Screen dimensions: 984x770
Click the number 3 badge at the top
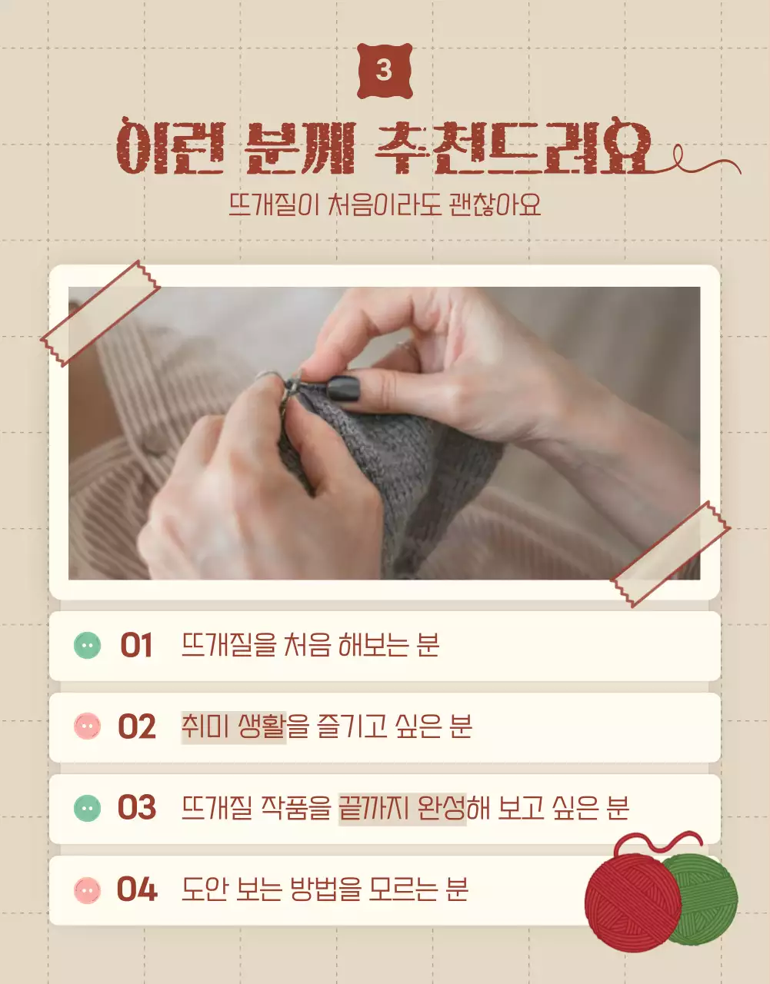coord(385,71)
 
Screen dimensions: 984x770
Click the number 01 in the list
coord(136,646)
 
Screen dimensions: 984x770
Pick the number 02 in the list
coord(136,727)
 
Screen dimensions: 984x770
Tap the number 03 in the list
coord(136,808)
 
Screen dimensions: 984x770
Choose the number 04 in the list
coord(136,890)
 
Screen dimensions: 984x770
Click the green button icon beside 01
coord(87,646)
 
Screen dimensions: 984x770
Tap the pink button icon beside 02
coord(87,727)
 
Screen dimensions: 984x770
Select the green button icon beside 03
coord(87,808)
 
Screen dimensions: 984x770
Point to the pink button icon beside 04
coord(87,890)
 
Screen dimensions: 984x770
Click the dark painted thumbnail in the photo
coord(344,387)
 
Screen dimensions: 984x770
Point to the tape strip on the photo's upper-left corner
coord(99,313)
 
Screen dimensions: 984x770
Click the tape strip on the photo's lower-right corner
coord(670,553)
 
